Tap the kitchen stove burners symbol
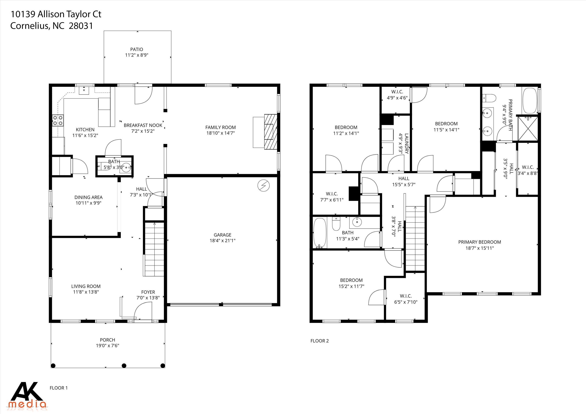click(58, 121)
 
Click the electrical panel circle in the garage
click(264, 185)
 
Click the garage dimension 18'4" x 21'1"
click(222, 240)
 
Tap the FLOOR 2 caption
click(320, 341)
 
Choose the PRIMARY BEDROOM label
click(480, 242)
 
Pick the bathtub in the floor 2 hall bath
click(320, 233)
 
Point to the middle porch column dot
click(124, 366)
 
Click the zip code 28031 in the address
click(81, 26)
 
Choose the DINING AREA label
click(88, 197)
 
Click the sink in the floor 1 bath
click(126, 167)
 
